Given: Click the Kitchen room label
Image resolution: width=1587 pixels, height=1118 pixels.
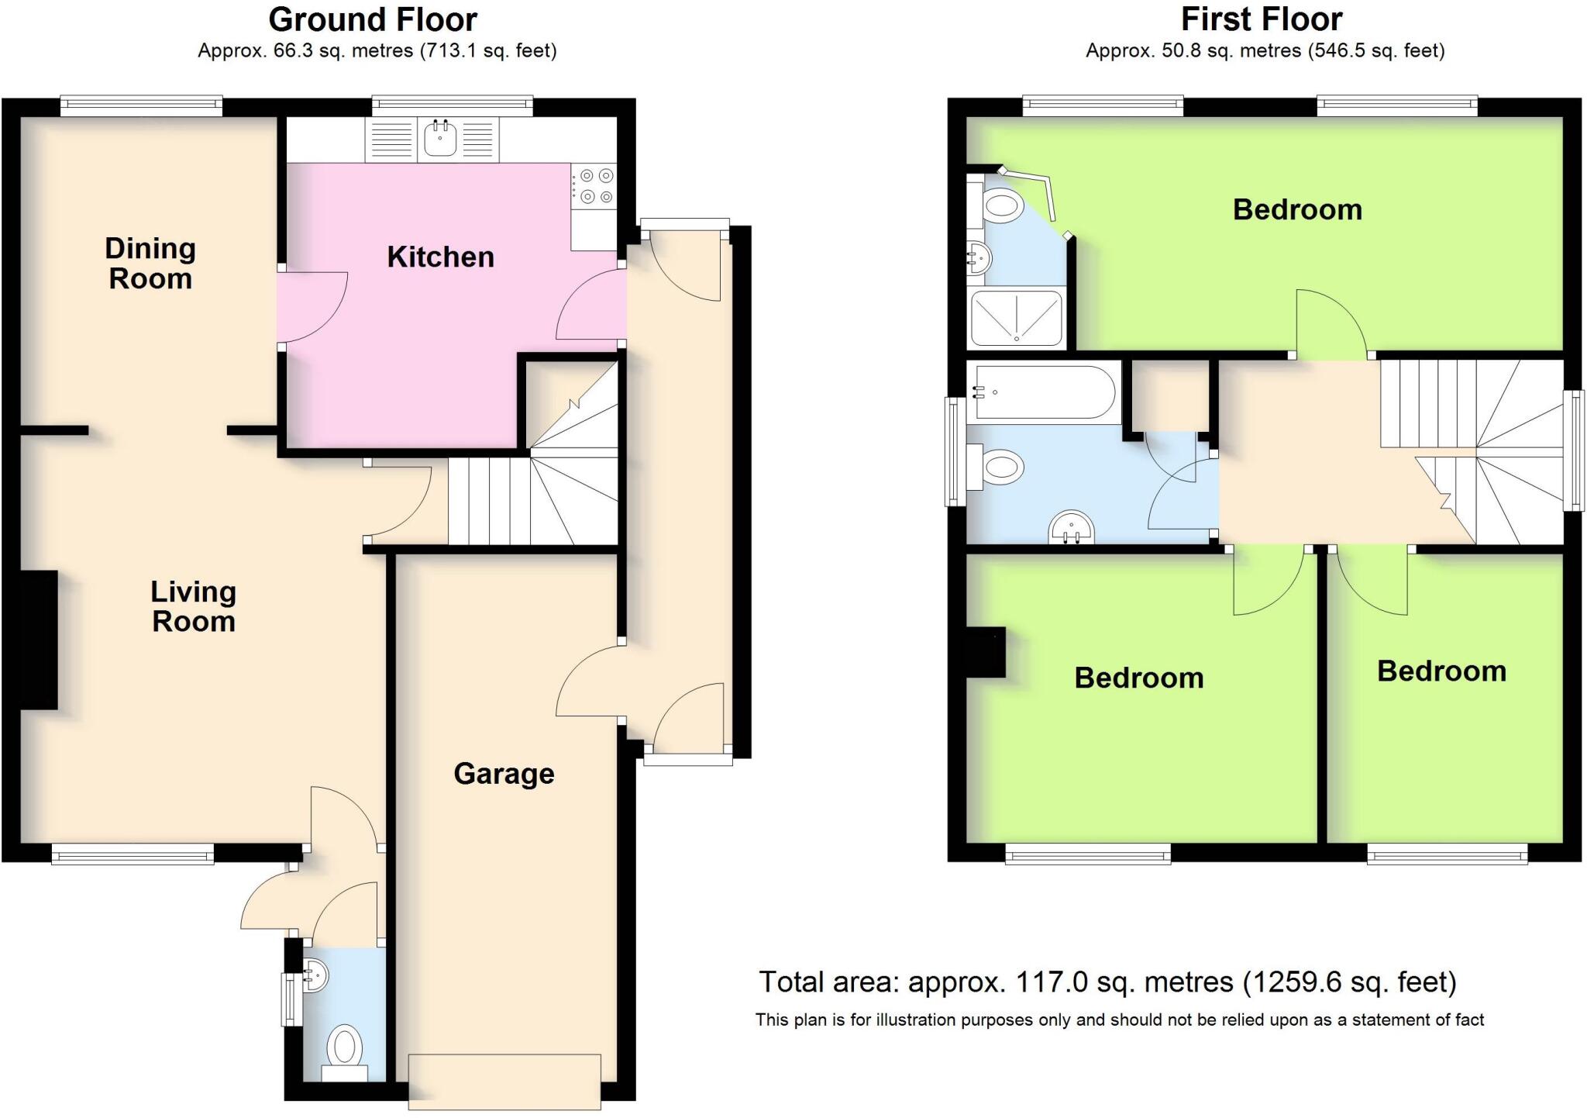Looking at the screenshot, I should [440, 257].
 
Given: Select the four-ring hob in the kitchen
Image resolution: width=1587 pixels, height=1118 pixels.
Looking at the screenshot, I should [594, 186].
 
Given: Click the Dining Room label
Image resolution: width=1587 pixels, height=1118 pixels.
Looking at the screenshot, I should [150, 264].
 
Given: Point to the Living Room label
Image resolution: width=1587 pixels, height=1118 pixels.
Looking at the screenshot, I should [193, 606].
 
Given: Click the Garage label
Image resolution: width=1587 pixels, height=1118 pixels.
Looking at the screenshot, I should [504, 774].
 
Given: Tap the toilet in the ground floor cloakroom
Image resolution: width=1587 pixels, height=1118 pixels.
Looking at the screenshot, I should [345, 1051].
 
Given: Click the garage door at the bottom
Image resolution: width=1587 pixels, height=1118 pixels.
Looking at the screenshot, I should [504, 1081].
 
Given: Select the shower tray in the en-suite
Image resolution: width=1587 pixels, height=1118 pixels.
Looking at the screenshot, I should [1016, 318].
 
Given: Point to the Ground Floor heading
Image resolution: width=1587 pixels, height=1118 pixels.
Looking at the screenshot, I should [373, 19].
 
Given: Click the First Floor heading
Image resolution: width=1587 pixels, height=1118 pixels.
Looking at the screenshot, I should [1262, 19].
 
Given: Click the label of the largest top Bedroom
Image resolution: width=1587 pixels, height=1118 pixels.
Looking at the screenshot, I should [1297, 210].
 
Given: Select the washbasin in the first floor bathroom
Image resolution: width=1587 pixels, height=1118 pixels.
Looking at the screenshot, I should [1072, 529].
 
